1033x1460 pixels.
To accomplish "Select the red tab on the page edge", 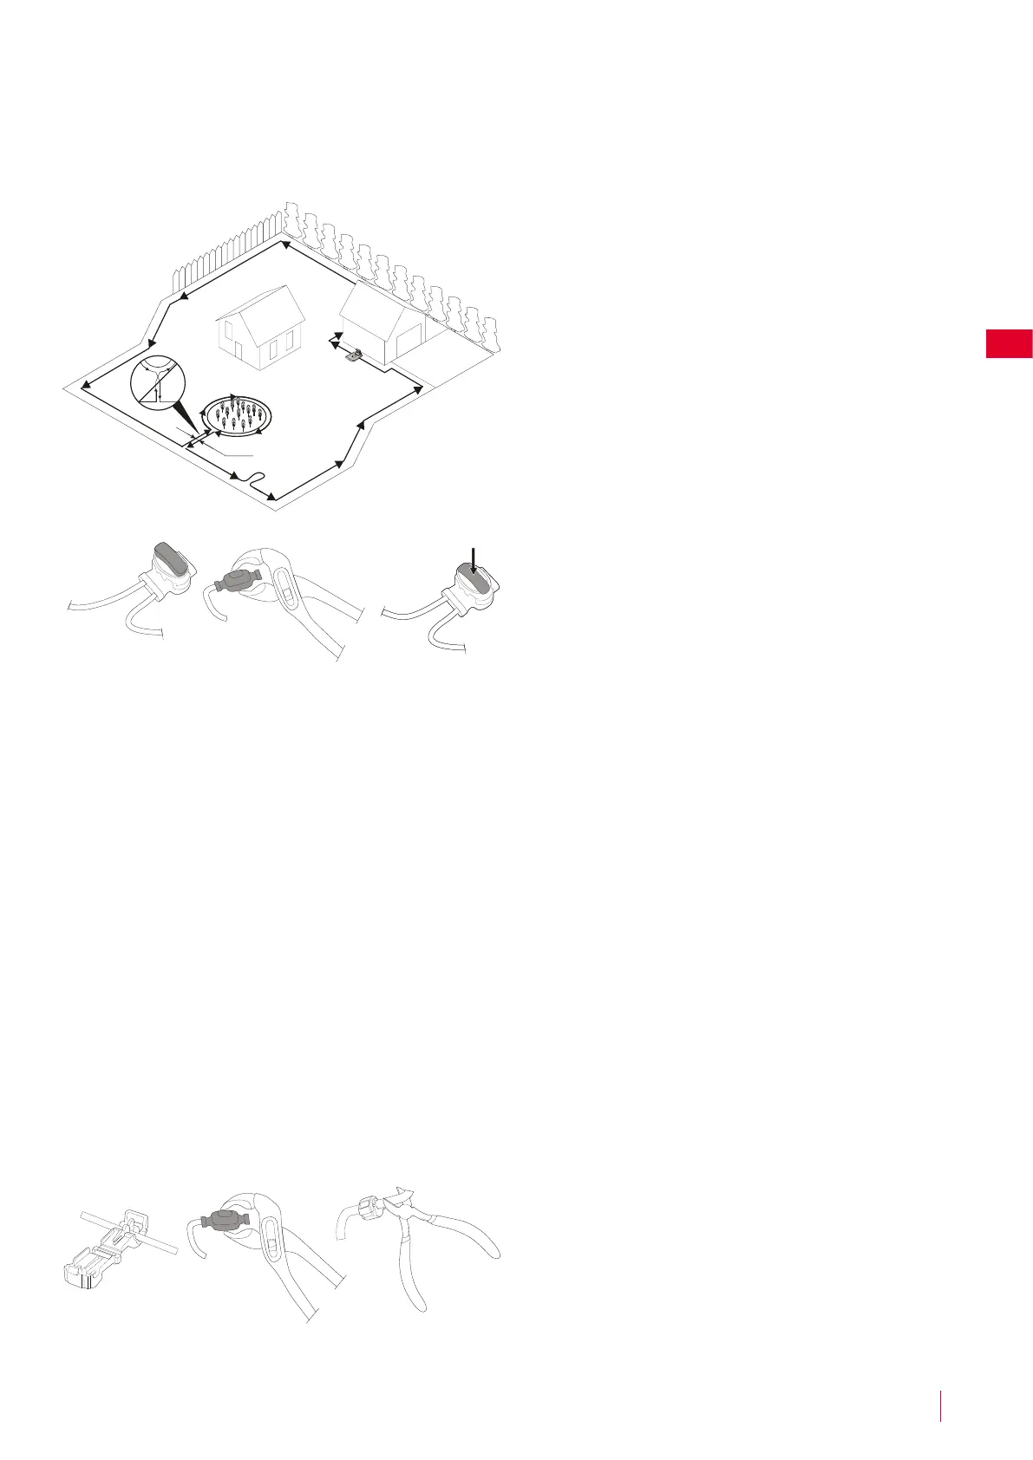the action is pos(1009,343).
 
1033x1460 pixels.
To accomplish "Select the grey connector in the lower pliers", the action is pos(223,1221).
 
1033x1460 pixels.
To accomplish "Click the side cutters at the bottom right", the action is pos(434,1248).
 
